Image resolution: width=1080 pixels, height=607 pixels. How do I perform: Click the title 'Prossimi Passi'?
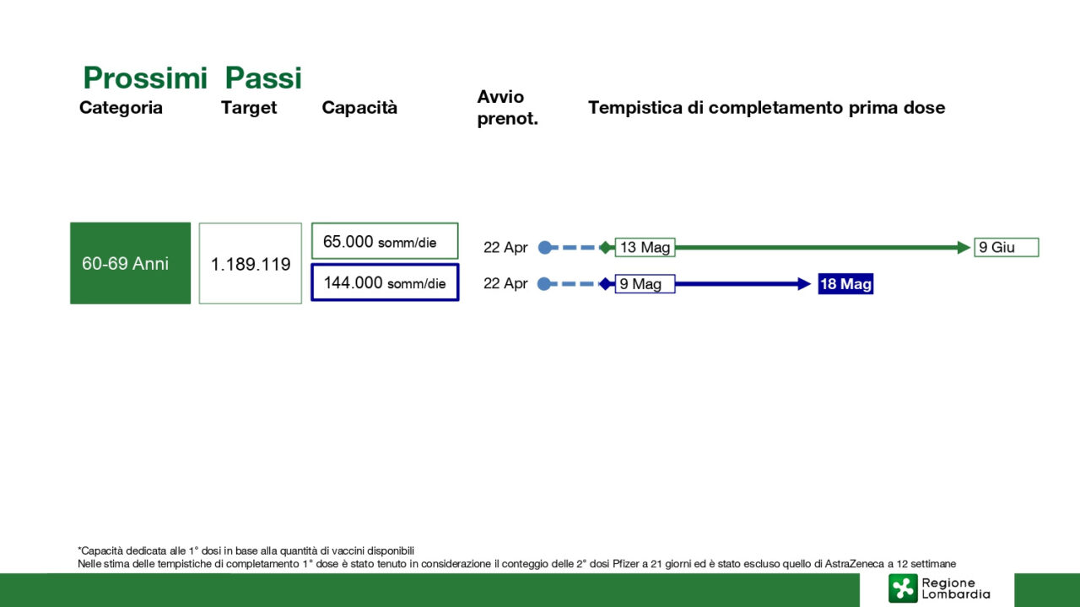[192, 78]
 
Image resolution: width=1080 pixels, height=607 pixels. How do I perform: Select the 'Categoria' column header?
[121, 107]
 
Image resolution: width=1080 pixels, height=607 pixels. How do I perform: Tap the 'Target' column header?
[249, 108]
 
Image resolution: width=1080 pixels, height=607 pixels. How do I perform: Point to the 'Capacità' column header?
[359, 107]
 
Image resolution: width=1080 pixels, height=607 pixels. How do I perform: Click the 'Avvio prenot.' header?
[507, 107]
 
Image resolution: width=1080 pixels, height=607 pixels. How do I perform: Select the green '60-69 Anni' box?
[130, 263]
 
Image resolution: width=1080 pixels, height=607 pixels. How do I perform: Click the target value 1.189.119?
[251, 264]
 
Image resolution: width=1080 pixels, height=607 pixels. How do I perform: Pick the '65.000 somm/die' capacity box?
[385, 241]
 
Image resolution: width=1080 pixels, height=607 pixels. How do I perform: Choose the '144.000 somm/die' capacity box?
[385, 282]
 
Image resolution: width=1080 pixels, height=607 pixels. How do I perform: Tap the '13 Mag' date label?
[645, 247]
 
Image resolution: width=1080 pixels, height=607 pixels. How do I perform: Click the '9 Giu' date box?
[1007, 247]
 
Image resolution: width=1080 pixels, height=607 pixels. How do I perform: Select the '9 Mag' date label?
[645, 284]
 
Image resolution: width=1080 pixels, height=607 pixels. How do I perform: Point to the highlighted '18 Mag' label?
[845, 284]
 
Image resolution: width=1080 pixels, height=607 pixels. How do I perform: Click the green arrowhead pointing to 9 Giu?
[964, 248]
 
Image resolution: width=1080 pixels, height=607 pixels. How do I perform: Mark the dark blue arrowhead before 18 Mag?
[804, 284]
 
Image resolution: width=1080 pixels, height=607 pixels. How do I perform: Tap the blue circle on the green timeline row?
[545, 248]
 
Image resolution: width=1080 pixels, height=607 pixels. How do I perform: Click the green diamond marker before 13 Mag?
[606, 248]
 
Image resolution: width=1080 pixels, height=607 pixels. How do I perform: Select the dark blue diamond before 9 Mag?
[606, 284]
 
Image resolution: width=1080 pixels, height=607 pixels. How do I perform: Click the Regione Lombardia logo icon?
[903, 588]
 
